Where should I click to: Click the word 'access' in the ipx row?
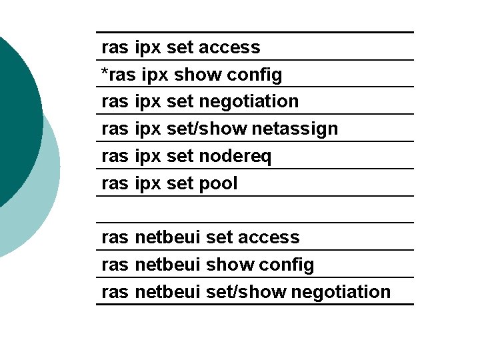[229, 48]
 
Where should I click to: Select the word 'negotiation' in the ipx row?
[249, 102]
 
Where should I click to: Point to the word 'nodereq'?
[235, 157]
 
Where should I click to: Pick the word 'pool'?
[218, 184]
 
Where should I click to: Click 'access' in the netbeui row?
[269, 238]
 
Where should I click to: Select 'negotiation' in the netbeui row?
[341, 292]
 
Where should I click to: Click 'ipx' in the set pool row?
[148, 184]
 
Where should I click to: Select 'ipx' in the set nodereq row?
[148, 157]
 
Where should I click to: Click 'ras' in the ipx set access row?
[115, 48]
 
